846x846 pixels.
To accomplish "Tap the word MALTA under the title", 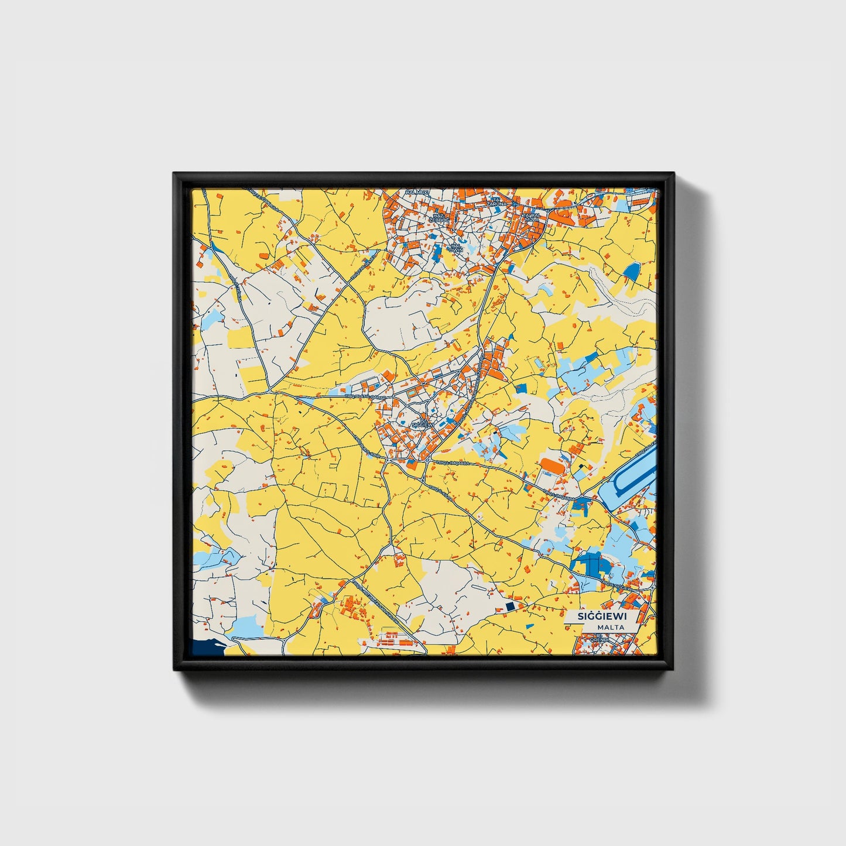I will [611, 627].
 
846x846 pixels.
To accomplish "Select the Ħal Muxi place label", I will [418, 192].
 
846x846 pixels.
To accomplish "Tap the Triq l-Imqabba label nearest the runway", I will [556, 495].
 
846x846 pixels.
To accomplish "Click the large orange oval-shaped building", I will [552, 465].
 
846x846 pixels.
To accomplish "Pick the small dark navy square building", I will [509, 606].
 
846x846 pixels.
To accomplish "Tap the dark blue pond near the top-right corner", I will [632, 270].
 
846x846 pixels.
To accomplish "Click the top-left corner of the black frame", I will [174, 173].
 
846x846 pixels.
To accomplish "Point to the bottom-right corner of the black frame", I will [673, 670].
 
